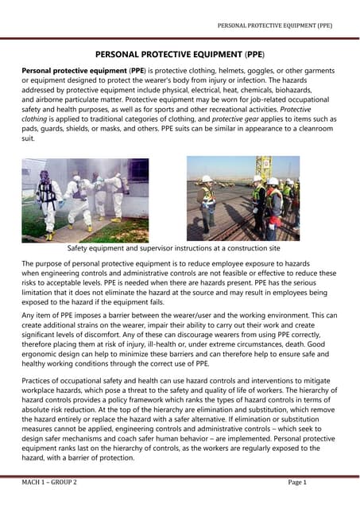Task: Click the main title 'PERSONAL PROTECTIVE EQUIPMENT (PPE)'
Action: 180,56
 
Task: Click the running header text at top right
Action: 275,25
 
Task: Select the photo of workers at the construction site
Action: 242,198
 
